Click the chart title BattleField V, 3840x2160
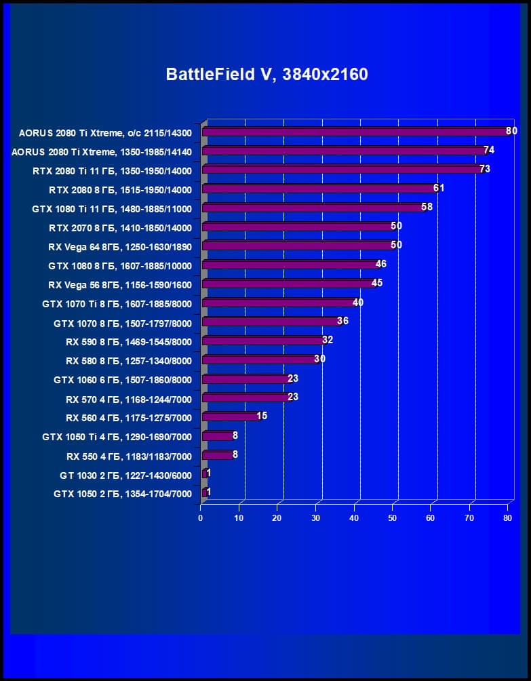(267, 74)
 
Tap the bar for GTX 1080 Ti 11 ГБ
(314, 208)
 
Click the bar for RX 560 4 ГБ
(231, 416)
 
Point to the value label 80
(511, 131)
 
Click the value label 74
(488, 150)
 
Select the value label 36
(342, 321)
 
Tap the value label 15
(262, 416)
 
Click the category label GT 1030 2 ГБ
(125, 475)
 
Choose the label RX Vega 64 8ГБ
(120, 246)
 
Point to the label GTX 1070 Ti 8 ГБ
(117, 304)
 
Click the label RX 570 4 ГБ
(129, 399)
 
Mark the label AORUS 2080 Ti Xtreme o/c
(105, 132)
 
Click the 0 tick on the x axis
(201, 518)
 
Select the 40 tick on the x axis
(354, 518)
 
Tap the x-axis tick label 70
(469, 518)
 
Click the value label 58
(427, 207)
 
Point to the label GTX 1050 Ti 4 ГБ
(117, 437)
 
